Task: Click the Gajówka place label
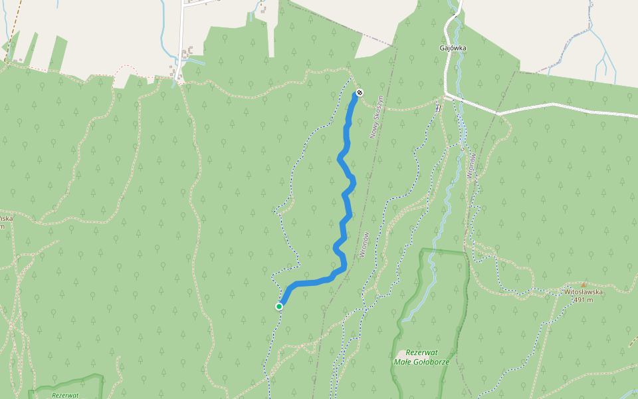453,48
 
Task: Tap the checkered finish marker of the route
359,92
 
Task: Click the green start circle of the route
279,306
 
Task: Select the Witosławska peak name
583,291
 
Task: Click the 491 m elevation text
583,299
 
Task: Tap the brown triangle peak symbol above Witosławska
584,284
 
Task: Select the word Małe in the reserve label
404,362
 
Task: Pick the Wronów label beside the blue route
364,244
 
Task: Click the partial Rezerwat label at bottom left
64,394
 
